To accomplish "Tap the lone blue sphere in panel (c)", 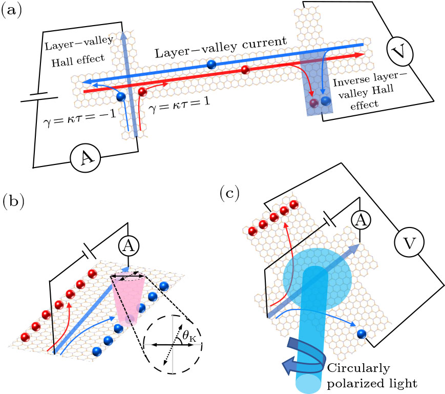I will [362, 334].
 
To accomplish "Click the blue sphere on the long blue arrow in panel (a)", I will [210, 64].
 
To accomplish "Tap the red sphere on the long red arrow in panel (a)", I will [245, 70].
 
